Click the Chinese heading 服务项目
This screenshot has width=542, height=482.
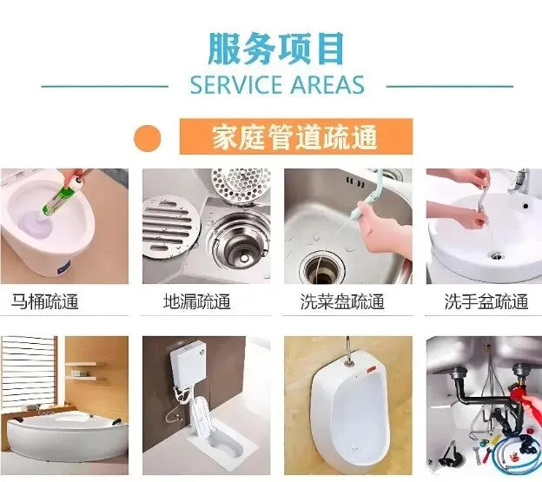[276, 49]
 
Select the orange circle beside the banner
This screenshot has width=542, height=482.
[148, 138]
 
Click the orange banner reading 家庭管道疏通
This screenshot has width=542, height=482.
[296, 136]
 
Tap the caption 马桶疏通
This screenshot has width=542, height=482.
[45, 301]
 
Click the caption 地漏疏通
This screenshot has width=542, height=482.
[196, 301]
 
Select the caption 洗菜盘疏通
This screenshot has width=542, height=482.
[342, 301]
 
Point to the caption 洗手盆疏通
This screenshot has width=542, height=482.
[486, 301]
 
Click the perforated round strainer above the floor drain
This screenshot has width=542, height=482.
[241, 186]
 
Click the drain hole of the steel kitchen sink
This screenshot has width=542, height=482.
[322, 267]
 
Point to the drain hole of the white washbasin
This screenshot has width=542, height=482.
[496, 256]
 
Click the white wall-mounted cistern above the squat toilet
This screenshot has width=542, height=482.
[188, 363]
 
